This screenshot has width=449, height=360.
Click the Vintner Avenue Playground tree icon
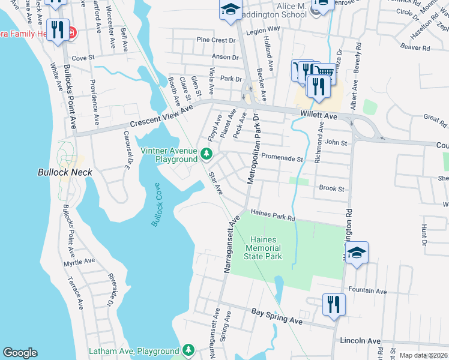[x=206, y=155]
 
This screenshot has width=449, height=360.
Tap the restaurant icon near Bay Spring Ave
[x=332, y=304]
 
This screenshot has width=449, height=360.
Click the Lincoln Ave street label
[x=360, y=341]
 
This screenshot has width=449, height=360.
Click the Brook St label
[x=331, y=188]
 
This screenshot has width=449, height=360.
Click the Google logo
[x=20, y=353]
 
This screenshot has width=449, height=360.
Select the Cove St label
[x=83, y=58]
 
